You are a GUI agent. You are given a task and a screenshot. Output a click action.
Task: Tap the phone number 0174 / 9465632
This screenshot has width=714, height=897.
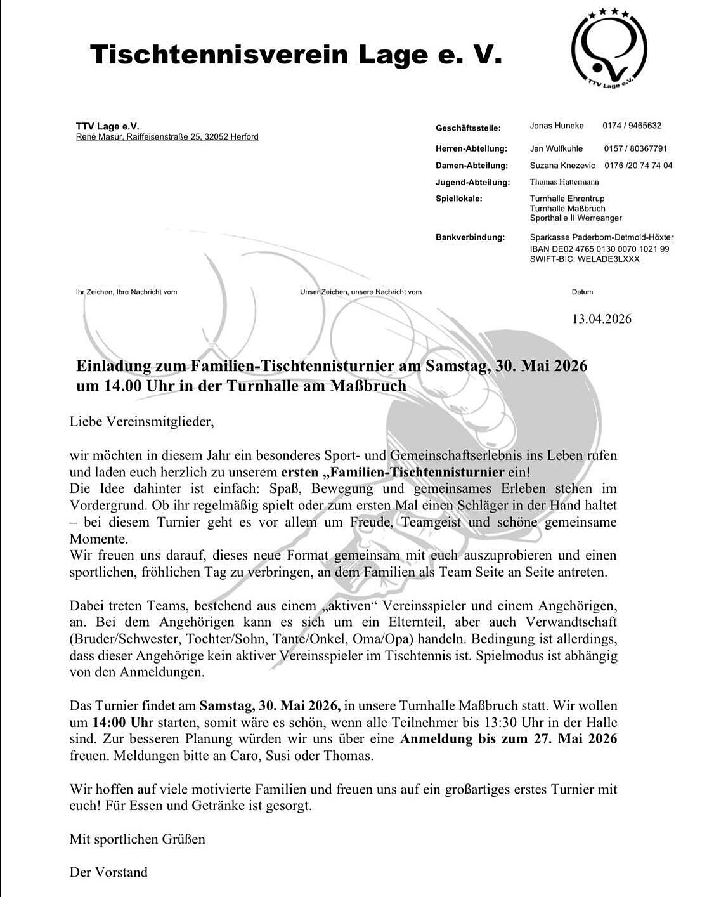point(632,126)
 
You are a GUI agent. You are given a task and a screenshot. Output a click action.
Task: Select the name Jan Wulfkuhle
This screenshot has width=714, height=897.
point(556,149)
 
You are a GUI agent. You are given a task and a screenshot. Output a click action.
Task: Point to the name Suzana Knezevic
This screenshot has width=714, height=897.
point(562,166)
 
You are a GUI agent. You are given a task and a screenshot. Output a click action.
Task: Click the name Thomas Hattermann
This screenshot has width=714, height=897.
point(564,182)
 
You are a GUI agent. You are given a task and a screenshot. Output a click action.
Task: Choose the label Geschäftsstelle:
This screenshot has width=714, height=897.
point(468,128)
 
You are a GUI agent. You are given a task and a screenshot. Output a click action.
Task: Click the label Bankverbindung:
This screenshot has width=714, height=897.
point(470,238)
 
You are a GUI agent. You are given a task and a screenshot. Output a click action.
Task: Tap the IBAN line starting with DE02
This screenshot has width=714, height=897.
point(599,249)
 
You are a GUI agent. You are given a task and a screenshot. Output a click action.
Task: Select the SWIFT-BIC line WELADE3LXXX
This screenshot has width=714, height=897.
point(576,259)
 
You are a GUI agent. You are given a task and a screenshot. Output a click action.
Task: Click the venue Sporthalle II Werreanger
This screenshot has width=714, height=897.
point(576,218)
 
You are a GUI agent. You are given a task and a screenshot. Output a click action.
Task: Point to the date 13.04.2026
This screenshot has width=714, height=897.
point(601,318)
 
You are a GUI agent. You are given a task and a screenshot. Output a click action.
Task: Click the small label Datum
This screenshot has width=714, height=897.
point(582,292)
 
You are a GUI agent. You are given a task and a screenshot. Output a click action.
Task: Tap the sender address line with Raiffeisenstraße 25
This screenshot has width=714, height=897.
point(167,137)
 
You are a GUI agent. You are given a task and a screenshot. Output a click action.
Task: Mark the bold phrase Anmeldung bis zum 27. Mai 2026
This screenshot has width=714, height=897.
point(509,739)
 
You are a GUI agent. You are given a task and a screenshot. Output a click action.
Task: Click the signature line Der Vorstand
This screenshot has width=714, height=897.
point(108,872)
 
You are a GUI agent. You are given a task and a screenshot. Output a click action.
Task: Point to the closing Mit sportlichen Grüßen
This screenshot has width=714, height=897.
point(138,839)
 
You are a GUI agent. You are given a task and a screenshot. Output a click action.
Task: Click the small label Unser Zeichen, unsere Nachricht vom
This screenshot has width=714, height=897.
point(361,292)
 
